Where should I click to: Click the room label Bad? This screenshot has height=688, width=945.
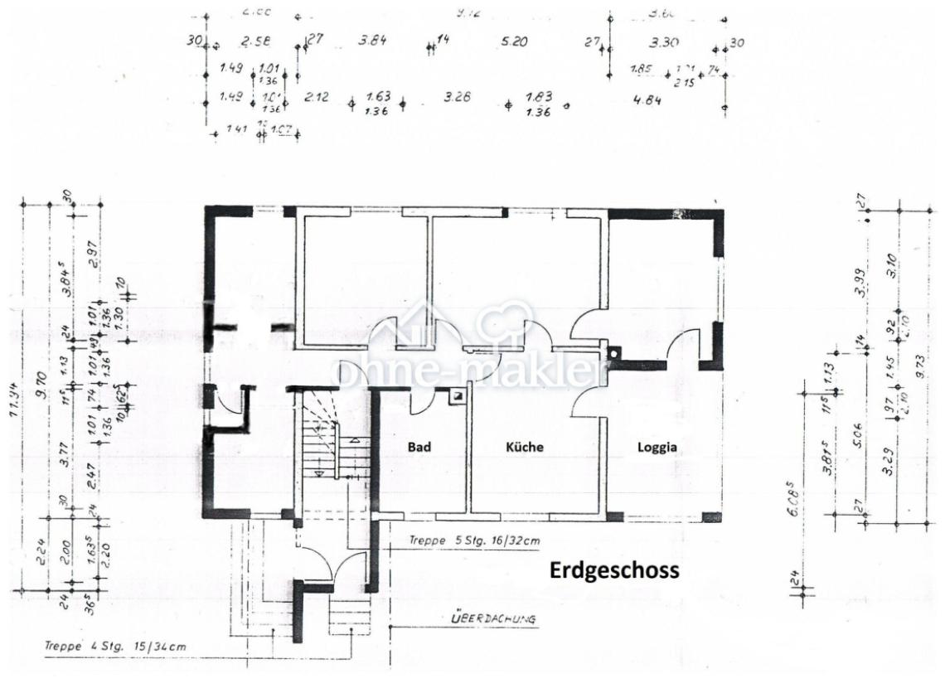(419, 447)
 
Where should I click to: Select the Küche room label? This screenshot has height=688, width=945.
(525, 447)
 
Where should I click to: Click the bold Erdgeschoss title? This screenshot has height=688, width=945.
(613, 571)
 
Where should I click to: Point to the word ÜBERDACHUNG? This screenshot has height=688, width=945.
(493, 618)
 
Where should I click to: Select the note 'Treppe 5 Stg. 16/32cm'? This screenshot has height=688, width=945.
(474, 541)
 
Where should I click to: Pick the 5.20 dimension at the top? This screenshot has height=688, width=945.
(514, 41)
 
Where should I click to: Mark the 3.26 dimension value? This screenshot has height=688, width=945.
(457, 97)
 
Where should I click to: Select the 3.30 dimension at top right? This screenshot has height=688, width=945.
(664, 41)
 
